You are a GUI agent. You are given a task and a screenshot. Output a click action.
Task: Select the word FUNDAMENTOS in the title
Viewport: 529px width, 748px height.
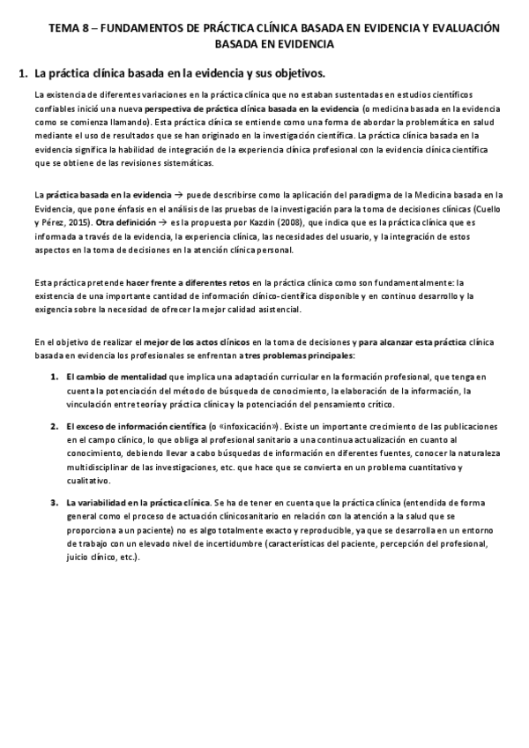point(133,28)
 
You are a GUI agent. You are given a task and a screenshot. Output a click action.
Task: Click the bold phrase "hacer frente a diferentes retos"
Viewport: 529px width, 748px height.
point(173,281)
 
